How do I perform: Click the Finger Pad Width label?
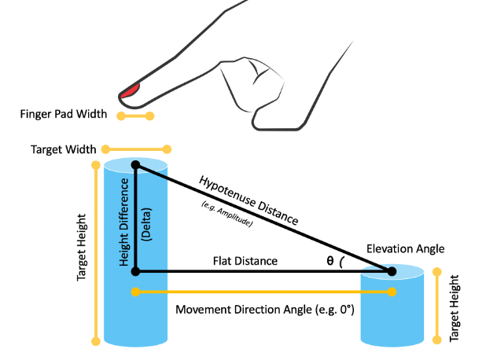64,115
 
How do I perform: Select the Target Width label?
63,149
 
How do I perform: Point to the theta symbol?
331,262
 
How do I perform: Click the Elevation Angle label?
405,249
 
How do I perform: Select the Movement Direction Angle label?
265,310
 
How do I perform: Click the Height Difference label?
124,222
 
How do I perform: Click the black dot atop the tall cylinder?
135,165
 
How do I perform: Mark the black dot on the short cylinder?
391,271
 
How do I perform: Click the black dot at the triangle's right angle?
135,271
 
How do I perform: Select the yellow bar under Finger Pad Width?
134,116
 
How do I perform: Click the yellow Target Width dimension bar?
135,148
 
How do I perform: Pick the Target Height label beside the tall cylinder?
81,248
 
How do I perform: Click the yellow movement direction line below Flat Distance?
263,292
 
